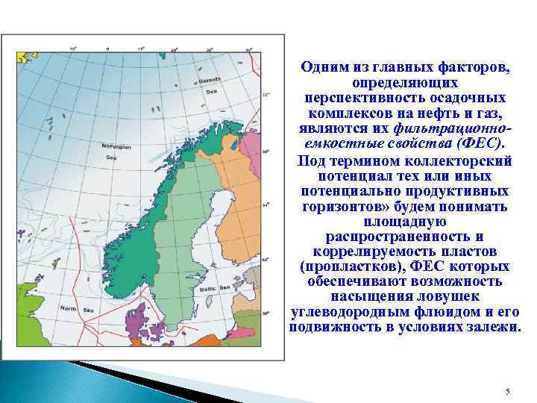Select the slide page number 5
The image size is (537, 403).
pyautogui.click(x=507, y=392)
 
